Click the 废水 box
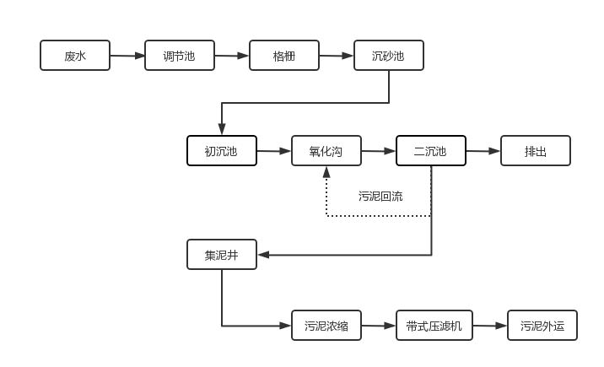point(75,56)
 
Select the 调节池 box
point(179,56)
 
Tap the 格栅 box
point(283,56)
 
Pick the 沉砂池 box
point(388,56)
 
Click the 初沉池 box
point(221,151)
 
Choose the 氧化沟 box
point(326,151)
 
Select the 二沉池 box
point(430,151)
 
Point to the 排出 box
point(536,151)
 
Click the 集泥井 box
point(222,255)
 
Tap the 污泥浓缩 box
point(326,325)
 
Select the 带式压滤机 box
point(434,325)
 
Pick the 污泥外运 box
point(542,325)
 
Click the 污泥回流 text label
point(380,197)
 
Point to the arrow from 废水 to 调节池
point(127,56)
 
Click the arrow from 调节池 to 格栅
point(232,56)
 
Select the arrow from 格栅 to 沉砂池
point(336,56)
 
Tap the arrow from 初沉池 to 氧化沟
point(274,151)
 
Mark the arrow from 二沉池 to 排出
point(483,151)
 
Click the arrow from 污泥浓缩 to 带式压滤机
point(379,325)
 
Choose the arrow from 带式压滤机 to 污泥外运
point(490,325)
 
